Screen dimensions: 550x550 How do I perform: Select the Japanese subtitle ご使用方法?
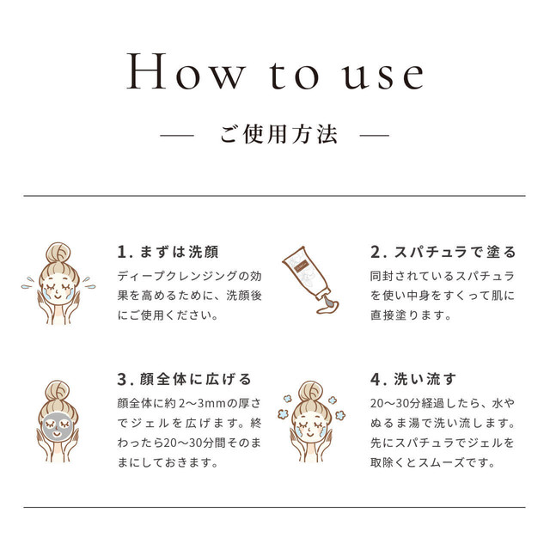point(278,134)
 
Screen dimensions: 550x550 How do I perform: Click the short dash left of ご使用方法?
point(177,135)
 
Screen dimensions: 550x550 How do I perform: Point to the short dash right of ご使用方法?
point(375,135)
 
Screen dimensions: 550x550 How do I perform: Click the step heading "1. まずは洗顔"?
point(168,252)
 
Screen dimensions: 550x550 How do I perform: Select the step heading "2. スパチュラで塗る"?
point(443,252)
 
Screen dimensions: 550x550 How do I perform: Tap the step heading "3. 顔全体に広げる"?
point(184,379)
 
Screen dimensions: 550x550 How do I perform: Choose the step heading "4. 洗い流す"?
point(413,379)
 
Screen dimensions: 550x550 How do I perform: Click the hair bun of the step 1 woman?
point(58,252)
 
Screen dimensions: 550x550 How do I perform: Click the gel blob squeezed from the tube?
point(328,306)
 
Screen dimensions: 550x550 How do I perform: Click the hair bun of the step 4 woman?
point(311,391)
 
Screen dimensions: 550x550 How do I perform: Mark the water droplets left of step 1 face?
point(27,283)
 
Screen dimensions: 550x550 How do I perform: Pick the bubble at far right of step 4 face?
point(340,416)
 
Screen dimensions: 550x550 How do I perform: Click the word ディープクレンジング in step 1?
point(178,276)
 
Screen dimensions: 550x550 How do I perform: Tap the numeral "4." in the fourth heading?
point(378,380)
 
